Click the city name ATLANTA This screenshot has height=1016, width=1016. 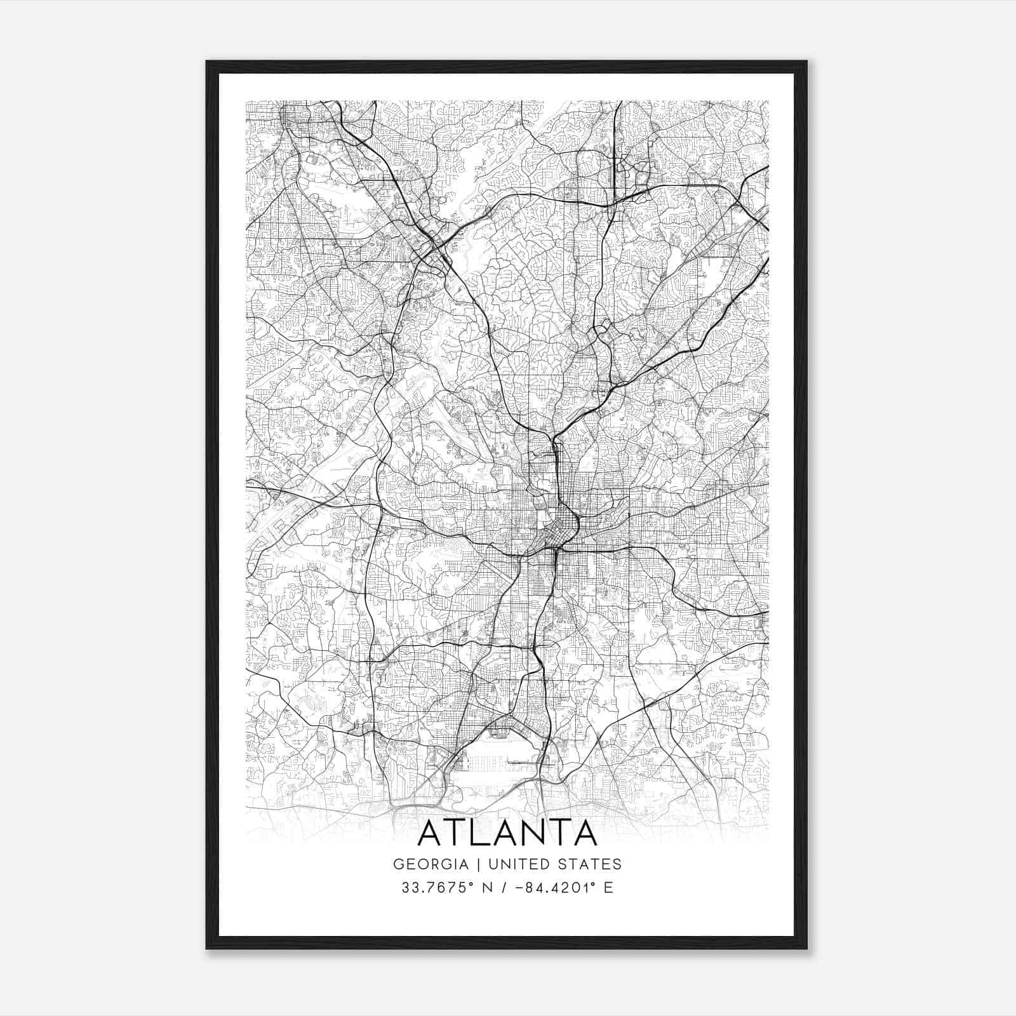click(x=507, y=833)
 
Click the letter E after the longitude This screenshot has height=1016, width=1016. click(x=608, y=888)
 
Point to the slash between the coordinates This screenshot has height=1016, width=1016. click(x=505, y=888)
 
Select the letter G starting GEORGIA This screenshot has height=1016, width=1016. click(x=398, y=864)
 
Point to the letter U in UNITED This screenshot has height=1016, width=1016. click(x=490, y=864)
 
